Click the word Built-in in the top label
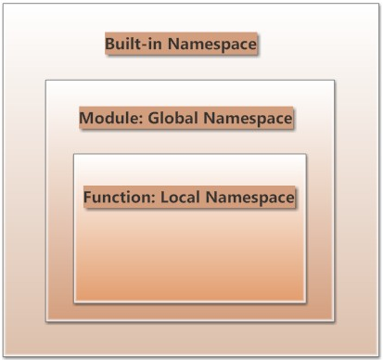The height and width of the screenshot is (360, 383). click(x=134, y=44)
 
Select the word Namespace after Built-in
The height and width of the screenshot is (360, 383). click(x=212, y=45)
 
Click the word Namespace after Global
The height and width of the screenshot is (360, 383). click(x=248, y=119)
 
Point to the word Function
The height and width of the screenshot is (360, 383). click(x=117, y=198)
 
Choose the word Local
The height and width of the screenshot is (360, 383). click(x=180, y=198)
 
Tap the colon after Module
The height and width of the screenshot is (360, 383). click(x=140, y=120)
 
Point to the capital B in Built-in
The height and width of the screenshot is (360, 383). click(x=110, y=44)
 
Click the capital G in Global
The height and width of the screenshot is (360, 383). click(x=154, y=118)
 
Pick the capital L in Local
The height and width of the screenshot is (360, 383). click(x=164, y=198)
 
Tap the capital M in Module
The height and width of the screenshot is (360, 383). click(x=87, y=119)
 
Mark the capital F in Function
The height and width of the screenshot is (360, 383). click(x=88, y=198)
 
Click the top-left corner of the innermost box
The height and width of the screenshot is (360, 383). click(x=74, y=154)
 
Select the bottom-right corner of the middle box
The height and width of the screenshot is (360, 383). click(x=334, y=321)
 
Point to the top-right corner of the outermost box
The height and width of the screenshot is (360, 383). click(x=379, y=4)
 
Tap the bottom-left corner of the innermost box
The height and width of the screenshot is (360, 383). click(x=74, y=302)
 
